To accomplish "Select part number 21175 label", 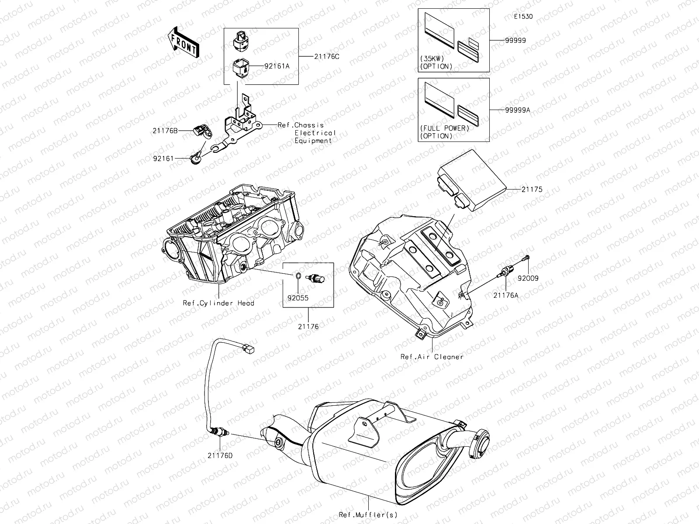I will coord(532,190).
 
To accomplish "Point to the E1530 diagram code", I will coord(523,17).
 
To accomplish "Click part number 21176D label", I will coord(220,455).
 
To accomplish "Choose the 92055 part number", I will coord(298,299).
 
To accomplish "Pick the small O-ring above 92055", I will coord(297,276).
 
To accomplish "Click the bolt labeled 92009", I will coord(527,260).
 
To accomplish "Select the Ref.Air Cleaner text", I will coord(432,357).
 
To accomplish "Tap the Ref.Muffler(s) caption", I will coord(368,515).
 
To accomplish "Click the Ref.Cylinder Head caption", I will coord(218,303).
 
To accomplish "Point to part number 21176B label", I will coord(165,130).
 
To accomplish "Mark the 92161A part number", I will coord(277,66).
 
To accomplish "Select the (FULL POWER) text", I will coord(444,128).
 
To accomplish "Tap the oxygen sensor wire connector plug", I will coord(249,348).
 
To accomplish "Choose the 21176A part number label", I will coord(506,295).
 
